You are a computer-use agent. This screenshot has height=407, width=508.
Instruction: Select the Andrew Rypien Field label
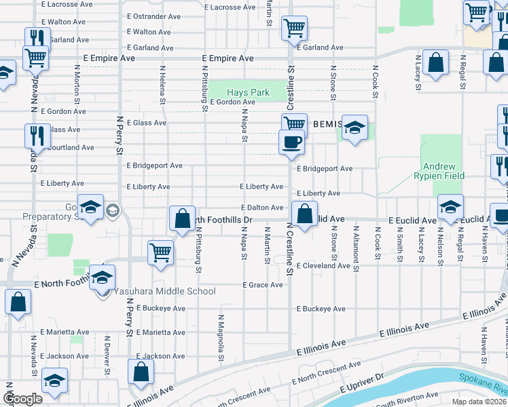[x=443, y=171]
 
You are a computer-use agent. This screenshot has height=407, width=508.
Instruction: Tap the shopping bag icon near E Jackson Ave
[x=141, y=372]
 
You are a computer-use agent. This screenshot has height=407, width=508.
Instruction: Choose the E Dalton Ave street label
[x=261, y=208]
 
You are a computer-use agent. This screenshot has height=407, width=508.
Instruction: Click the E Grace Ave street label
[x=262, y=285]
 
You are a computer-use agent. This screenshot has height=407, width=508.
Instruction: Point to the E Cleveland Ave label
[x=323, y=265]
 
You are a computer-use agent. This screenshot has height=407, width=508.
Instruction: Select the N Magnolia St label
[x=221, y=337]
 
